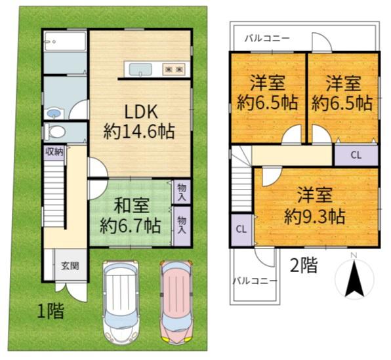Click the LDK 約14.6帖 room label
coord(138,121)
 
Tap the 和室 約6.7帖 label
coord(130,216)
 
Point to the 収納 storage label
coord(54,151)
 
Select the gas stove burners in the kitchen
coord(173,69)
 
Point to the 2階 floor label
coord(303,265)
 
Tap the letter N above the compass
coord(354,255)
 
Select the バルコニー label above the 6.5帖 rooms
coord(267,39)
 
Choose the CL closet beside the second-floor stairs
coord(241,229)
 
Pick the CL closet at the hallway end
coord(356,156)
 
